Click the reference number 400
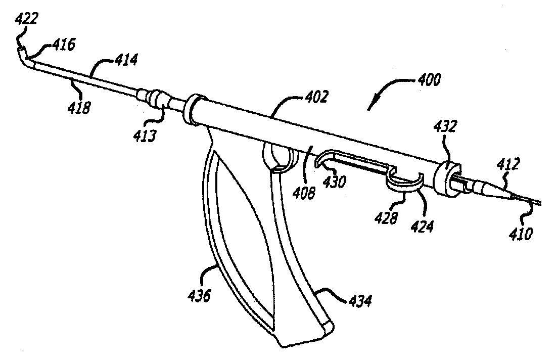(428, 79)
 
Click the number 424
(422, 226)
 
